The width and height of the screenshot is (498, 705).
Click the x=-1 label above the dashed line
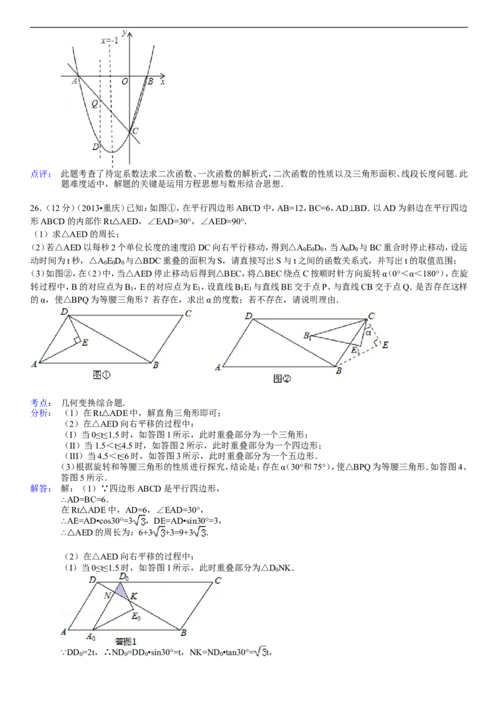click(x=110, y=41)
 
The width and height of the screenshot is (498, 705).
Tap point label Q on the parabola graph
click(x=95, y=105)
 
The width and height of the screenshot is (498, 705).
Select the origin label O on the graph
click(x=125, y=82)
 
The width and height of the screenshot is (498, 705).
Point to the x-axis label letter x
click(x=163, y=82)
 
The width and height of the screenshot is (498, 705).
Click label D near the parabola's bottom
click(x=95, y=147)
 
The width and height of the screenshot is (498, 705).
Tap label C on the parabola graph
click(x=135, y=131)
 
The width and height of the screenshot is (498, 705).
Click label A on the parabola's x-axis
click(x=75, y=80)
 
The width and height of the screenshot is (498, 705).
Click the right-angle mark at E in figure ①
click(x=78, y=340)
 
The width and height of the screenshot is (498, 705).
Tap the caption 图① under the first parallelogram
click(x=101, y=374)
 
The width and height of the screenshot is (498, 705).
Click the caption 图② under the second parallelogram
click(x=282, y=378)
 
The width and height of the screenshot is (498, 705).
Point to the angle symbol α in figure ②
click(x=369, y=333)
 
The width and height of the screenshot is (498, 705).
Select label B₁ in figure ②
click(x=307, y=336)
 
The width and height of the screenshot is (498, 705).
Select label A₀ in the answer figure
click(x=91, y=636)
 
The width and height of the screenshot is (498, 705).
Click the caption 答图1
click(x=126, y=640)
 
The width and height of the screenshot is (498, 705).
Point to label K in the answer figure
click(x=134, y=597)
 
